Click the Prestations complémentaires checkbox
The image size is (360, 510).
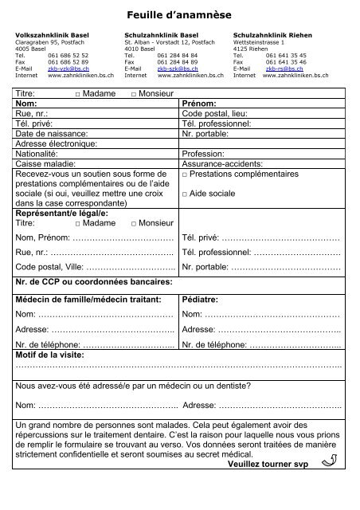[x=185, y=174]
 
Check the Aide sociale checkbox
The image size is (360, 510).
[x=185, y=194]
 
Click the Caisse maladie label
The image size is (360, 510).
[x=41, y=163]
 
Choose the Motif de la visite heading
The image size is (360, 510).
[x=54, y=354]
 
